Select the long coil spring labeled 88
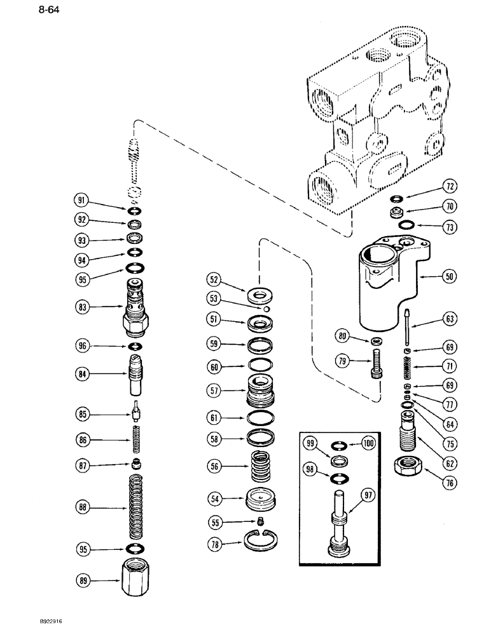[135, 507]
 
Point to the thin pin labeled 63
[403, 327]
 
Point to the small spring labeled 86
[135, 438]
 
